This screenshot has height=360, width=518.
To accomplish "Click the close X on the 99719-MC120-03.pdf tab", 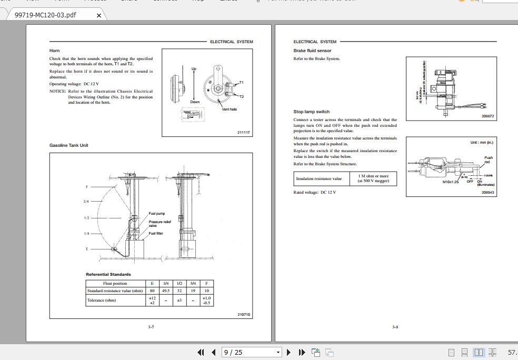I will (99, 15).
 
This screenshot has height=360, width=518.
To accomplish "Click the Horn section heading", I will (54, 51).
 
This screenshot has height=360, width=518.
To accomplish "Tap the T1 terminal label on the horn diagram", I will (241, 83).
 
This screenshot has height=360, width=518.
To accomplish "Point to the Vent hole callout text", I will (230, 109).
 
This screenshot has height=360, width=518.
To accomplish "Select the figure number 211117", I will (243, 133).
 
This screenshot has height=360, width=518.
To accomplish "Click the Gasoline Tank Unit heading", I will (69, 145).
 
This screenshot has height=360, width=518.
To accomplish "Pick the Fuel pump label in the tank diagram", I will (157, 214).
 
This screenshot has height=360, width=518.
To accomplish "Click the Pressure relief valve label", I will (160, 224).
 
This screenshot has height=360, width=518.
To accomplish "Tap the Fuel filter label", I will (156, 233).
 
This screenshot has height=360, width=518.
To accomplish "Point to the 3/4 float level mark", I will (86, 202).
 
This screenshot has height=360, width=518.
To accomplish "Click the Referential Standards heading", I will (108, 274).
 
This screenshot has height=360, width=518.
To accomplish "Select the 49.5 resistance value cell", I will (165, 291).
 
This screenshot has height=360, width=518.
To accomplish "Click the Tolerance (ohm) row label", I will (102, 301).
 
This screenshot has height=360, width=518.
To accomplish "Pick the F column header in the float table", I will (206, 283).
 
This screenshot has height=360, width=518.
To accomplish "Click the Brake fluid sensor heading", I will (312, 51).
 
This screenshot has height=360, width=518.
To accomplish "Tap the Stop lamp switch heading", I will (311, 112).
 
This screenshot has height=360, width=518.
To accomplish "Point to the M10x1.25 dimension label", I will (450, 182).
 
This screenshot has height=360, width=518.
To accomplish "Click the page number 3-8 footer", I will (395, 327).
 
